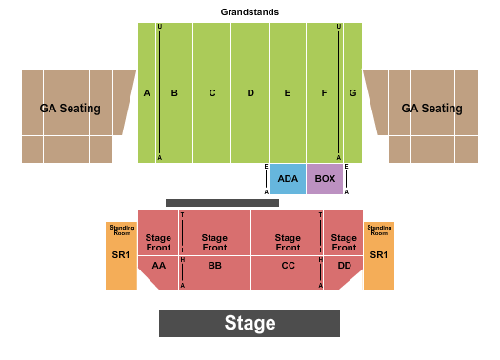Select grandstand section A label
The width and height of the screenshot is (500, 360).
(x=148, y=93)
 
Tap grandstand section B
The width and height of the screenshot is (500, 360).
(x=175, y=93)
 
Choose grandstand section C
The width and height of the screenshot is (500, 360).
(x=212, y=93)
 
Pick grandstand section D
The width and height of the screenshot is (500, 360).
(x=250, y=93)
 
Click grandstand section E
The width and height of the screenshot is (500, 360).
(x=287, y=93)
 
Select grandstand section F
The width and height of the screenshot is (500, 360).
(x=324, y=93)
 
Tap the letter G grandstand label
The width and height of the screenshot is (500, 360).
(x=352, y=93)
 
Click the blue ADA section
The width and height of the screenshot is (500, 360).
(x=287, y=179)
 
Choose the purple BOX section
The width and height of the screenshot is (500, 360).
(x=325, y=179)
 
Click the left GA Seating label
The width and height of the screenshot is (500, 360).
(x=70, y=109)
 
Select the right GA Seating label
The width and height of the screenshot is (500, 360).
(x=431, y=109)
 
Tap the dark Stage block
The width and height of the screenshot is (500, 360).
(x=250, y=323)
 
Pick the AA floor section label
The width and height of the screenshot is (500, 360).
(x=158, y=266)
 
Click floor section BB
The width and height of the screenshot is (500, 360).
(x=214, y=266)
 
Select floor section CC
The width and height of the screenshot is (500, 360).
(x=288, y=266)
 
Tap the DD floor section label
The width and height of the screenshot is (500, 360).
(x=343, y=266)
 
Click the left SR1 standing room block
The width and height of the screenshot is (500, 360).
(x=121, y=255)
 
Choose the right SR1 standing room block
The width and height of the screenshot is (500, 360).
(x=379, y=255)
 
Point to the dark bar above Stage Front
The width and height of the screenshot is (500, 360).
(x=222, y=203)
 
